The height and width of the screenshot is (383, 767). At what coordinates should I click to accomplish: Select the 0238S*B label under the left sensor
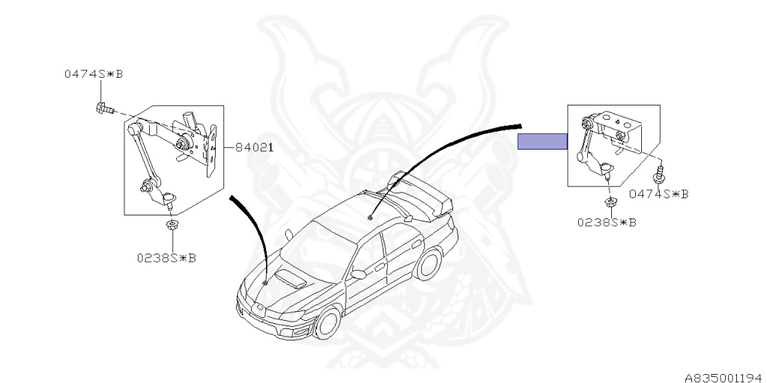pyautogui.click(x=166, y=258)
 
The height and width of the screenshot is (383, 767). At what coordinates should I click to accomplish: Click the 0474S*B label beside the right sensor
pyautogui.click(x=658, y=194)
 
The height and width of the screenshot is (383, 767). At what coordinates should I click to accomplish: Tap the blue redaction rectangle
pyautogui.click(x=542, y=141)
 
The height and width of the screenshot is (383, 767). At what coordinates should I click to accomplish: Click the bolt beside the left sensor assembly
pyautogui.click(x=103, y=109)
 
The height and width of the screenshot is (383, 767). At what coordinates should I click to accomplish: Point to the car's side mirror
pyautogui.click(x=359, y=275)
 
